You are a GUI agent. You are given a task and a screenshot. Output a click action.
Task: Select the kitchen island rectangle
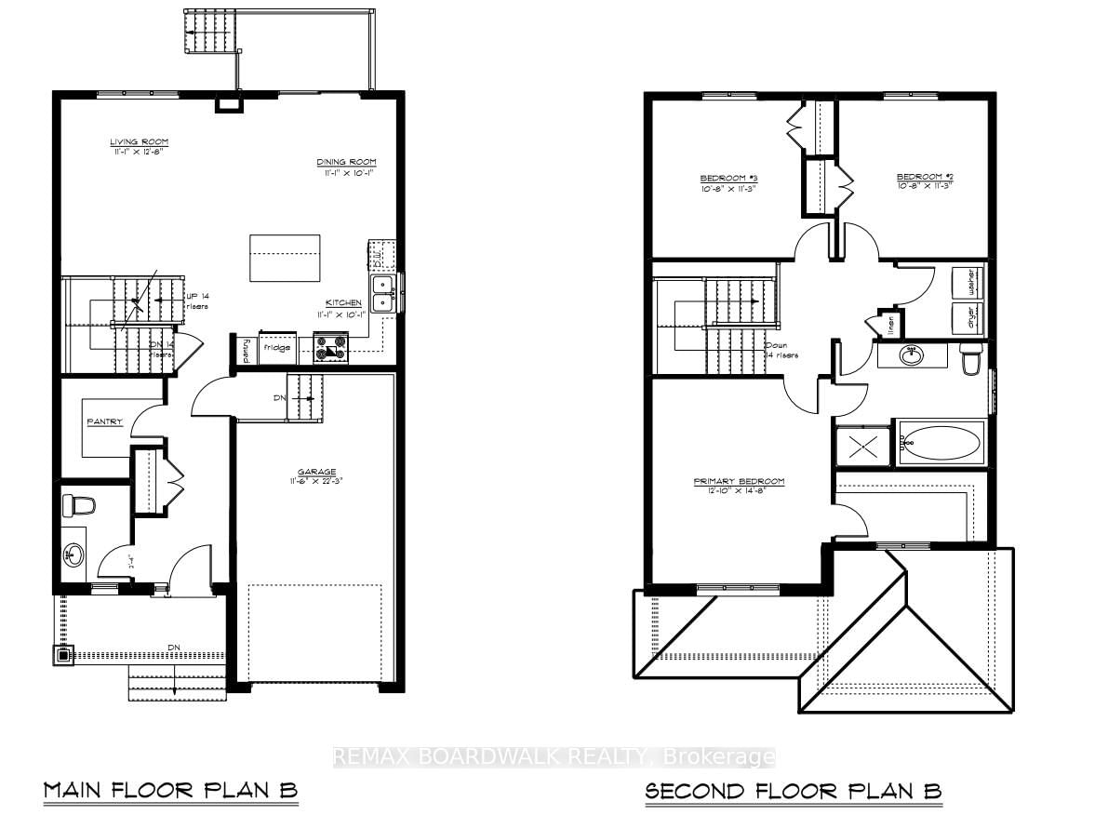coord(285,257)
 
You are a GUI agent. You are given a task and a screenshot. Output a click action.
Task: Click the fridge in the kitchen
coord(276,347)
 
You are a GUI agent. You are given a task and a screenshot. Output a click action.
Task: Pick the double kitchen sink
coord(383,293)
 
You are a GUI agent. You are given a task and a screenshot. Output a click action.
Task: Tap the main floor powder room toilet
coord(78,506)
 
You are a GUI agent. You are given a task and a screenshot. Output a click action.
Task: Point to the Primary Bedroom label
coord(739,481)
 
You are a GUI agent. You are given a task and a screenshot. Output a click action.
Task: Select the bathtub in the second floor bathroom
coord(940,443)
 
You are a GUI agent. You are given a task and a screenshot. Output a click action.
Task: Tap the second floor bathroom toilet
coord(971,358)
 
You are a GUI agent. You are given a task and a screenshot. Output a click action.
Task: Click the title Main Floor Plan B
coord(170,791)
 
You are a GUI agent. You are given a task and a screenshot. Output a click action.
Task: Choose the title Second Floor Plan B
coord(794,791)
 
